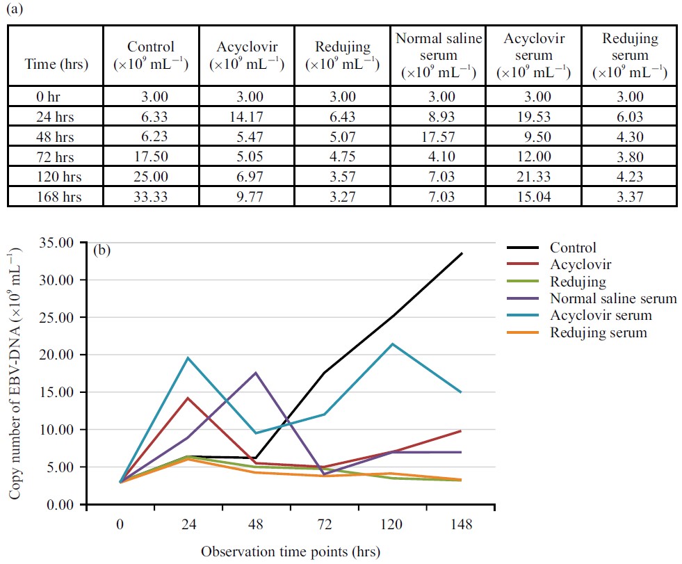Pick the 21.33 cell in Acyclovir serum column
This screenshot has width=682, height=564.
[x=532, y=179]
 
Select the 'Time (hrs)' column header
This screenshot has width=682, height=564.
[x=57, y=65]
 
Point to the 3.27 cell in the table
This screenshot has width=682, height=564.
[x=341, y=197]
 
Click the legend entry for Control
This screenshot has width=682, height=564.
[x=573, y=248]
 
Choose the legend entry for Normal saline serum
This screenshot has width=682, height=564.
[x=612, y=299]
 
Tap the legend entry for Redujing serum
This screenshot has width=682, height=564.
[x=598, y=333]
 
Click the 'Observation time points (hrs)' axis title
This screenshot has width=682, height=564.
[x=291, y=552]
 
